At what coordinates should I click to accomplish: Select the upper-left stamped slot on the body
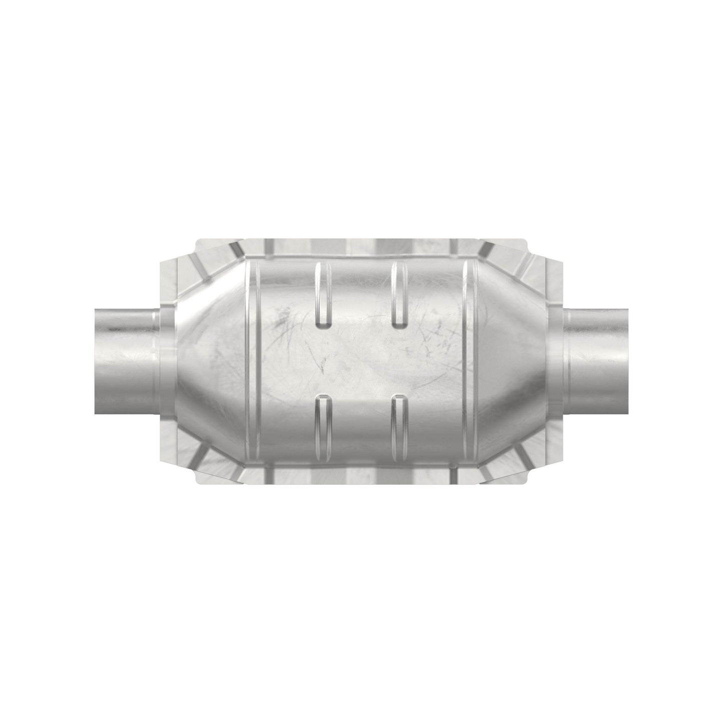324,295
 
